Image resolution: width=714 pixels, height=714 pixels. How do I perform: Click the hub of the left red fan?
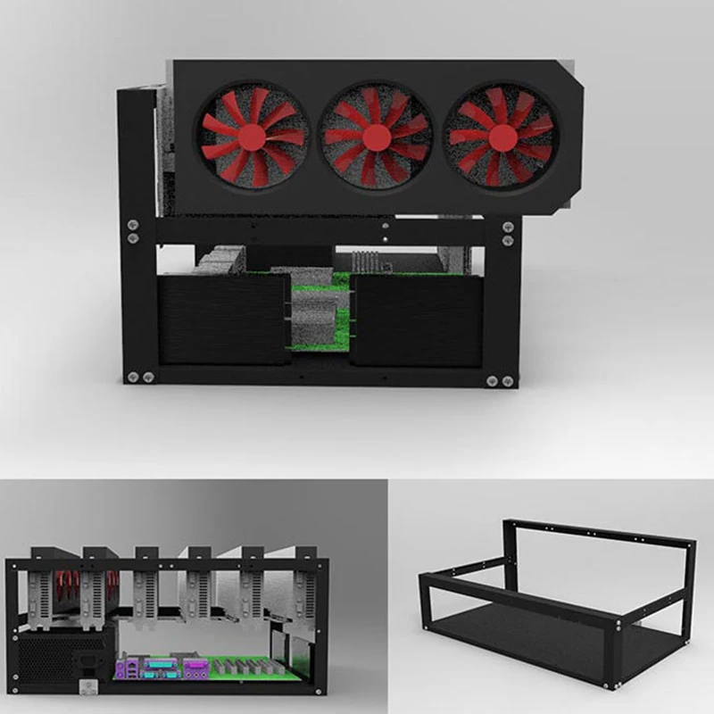click(x=252, y=137)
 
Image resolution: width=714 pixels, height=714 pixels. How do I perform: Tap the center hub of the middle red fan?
click(x=376, y=137)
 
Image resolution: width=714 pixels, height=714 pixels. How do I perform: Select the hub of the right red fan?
click(x=502, y=137)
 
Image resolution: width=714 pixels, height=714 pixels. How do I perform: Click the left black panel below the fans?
click(x=223, y=319)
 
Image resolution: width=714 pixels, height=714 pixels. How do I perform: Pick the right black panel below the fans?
click(x=416, y=319)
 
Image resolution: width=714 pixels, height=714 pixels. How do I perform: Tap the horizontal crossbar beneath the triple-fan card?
click(x=321, y=231)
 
